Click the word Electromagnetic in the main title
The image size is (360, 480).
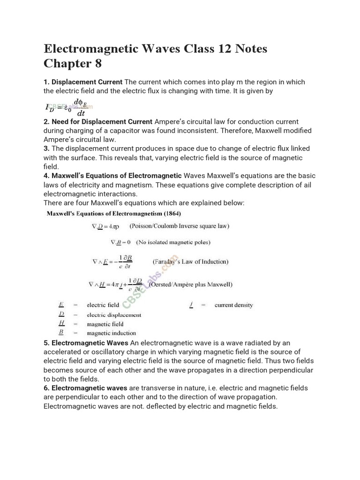point(98,49)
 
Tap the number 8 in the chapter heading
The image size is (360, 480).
point(97,63)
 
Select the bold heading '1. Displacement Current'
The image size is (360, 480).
point(83,82)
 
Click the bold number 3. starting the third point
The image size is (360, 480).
point(46,149)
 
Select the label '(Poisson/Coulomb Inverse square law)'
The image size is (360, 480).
point(180,226)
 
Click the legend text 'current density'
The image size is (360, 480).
point(233,305)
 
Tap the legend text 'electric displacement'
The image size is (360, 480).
point(114,315)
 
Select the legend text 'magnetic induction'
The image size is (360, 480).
point(110,333)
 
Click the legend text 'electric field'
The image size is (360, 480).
point(103,305)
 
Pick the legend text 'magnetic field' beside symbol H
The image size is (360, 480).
point(105,324)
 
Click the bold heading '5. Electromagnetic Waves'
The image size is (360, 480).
point(86,343)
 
